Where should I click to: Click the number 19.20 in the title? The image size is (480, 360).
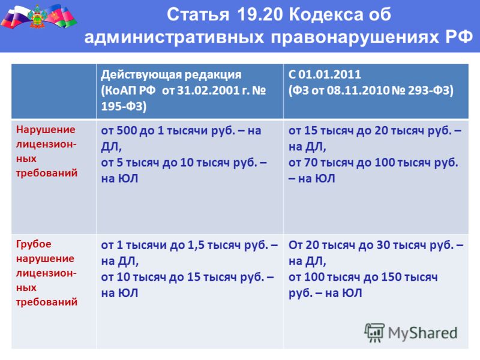pos(260,14)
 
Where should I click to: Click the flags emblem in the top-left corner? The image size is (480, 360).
pos(38,16)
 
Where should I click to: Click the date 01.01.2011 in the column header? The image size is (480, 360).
pos(329,74)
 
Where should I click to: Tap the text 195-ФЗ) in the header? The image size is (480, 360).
pos(124,106)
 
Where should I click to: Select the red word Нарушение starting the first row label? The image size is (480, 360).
pos(46,130)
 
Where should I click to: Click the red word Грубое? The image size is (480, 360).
pos(34,244)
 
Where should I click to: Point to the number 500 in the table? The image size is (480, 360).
pos(127,131)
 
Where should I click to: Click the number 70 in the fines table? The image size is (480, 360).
pos(311,163)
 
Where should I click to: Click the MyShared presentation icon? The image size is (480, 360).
pos(374,332)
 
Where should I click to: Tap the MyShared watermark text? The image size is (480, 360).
pos(423,333)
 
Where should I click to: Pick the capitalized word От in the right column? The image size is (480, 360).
pos(295,245)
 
